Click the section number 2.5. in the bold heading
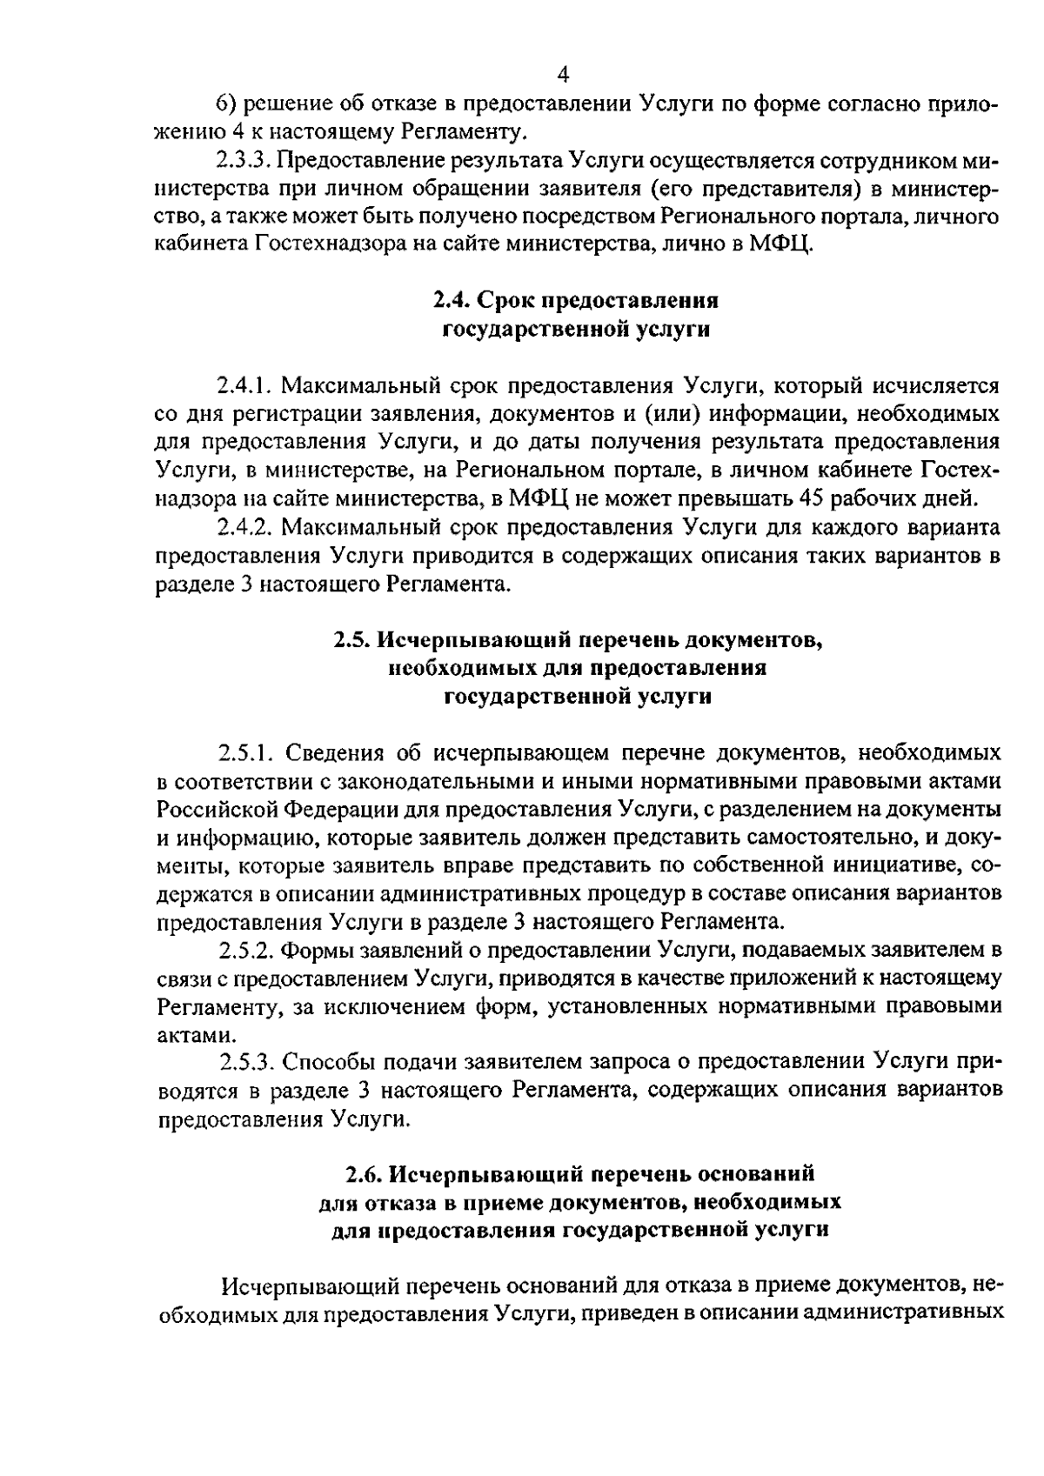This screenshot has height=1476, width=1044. (x=353, y=640)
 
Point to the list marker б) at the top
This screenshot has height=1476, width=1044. (x=224, y=104)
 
